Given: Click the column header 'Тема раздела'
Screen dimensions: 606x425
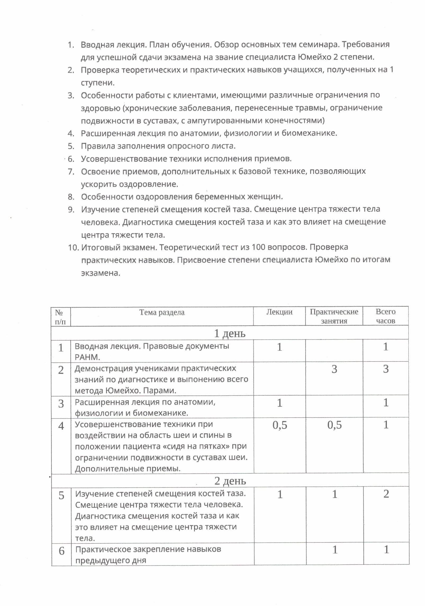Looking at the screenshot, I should click(x=162, y=312).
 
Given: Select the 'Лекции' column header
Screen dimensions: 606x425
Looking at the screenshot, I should click(x=279, y=312).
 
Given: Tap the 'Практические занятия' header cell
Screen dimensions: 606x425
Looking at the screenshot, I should click(x=334, y=316).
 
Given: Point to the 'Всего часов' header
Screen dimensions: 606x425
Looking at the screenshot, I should click(x=386, y=316).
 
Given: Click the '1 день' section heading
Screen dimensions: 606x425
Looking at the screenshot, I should click(x=229, y=333).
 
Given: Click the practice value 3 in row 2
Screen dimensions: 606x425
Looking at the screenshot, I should click(x=334, y=369).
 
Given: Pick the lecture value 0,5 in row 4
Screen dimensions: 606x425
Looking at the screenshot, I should click(x=280, y=425).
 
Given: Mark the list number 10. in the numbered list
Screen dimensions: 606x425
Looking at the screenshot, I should click(x=74, y=248).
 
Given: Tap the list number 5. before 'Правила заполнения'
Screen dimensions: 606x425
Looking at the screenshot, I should click(x=71, y=146).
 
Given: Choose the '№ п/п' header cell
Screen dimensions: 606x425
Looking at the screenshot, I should click(x=60, y=317).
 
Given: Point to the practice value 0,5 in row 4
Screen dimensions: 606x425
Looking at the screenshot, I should click(x=334, y=425).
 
